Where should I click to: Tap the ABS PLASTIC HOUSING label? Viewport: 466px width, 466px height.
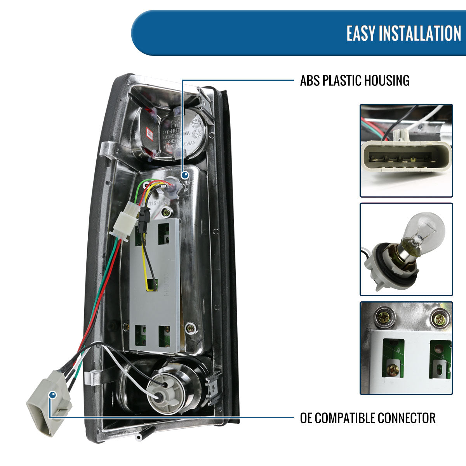(x=355, y=80)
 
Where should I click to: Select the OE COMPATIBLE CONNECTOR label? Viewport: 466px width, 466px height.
(x=367, y=418)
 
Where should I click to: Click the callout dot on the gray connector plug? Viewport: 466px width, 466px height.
(x=52, y=395)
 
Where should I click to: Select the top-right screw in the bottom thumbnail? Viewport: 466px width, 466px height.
(x=439, y=320)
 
